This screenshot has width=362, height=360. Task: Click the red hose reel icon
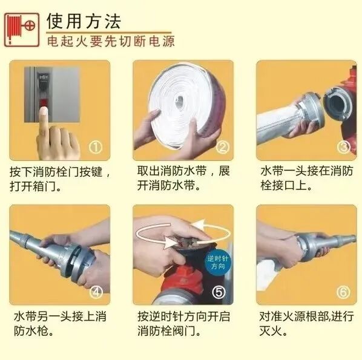pos(22,30)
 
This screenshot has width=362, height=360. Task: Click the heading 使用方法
pos(84,21)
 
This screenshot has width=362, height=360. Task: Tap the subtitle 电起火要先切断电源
pos(111,42)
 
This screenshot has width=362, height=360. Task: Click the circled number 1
pos(96,147)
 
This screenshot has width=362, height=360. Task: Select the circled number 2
pos(223,147)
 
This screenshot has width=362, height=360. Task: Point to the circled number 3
pos(343,147)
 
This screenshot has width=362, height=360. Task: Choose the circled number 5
pos(219,292)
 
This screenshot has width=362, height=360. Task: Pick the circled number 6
pos(343,292)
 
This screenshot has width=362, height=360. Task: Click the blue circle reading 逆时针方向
pos(217,263)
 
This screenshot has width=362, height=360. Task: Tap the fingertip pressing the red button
pos(43,113)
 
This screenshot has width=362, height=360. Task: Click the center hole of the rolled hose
pos(179,102)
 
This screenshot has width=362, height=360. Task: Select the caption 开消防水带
pos(166,185)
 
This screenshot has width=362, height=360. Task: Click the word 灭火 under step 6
pos(270,331)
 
